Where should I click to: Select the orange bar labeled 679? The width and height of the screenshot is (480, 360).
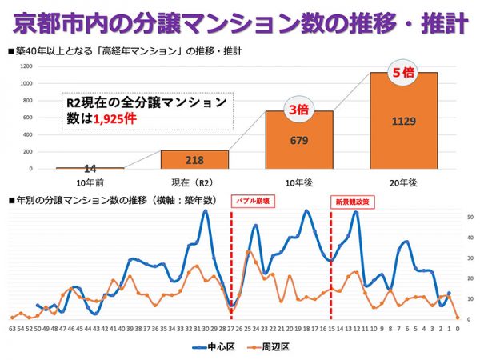299,140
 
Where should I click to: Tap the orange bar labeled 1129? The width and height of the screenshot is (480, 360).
404,120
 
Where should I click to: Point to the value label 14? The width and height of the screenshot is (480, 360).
90,169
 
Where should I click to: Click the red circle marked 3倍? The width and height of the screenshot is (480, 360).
298,110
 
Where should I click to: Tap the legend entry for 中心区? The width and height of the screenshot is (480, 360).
212,348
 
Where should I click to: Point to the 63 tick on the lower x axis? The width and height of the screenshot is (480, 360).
12,328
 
